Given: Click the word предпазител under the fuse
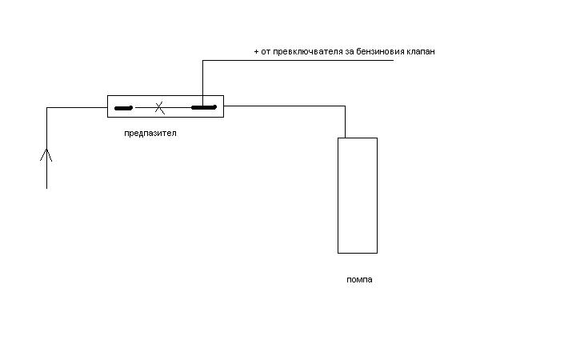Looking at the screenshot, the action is pos(150,134).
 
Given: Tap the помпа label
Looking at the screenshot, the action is pos(359,279).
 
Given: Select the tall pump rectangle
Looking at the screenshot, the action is pos(358,195).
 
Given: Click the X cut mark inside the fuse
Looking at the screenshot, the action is pos(159,108).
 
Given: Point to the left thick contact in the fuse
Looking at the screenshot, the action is pos(123,108).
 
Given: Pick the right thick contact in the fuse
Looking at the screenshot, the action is pos(204,107).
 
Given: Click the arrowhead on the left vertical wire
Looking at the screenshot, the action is pos(46,154).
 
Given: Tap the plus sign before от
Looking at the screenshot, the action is pos(256,51).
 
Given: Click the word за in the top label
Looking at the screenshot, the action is pos(350,52).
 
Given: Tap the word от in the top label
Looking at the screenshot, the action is pos(266,52).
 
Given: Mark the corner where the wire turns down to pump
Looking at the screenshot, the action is pos(345,106).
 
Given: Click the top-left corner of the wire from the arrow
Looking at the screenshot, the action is pos(46,108).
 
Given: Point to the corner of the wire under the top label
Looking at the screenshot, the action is pos(202,60).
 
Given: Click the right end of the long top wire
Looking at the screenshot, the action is pos(394,60).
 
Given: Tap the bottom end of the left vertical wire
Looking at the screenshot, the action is pos(46,189).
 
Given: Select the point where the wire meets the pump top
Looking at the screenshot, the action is pos(345,138).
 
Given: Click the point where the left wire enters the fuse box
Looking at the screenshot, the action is pos(107,108).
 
